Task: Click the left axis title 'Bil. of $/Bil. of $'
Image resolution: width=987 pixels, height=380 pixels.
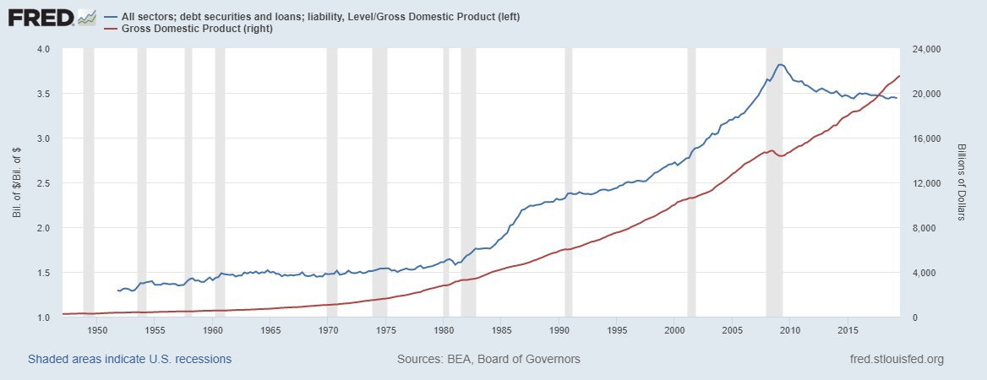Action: pos(17,182)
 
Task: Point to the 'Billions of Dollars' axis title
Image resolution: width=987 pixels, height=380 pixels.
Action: pos(962,182)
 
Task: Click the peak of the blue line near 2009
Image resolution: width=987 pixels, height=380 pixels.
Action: pos(781,64)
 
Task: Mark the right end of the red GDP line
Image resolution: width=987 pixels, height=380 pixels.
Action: pos(899,76)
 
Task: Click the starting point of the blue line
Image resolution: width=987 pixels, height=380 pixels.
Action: pos(118,290)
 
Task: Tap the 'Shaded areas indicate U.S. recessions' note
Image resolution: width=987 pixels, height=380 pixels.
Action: pos(129,359)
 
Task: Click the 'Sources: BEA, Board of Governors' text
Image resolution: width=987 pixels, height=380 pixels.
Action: pos(488,359)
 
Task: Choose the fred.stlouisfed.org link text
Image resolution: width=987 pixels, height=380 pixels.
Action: pos(895,359)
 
